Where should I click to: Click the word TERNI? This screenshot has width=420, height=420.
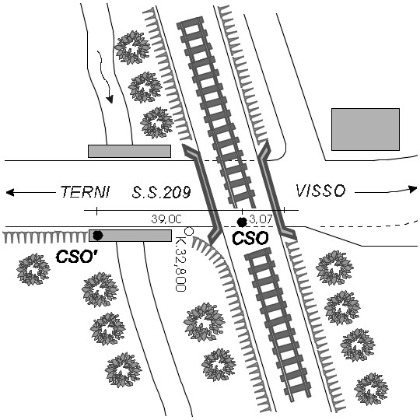tap(86, 192)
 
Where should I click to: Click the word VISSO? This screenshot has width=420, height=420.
tap(320, 191)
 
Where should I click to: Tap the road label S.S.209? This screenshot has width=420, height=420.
tap(161, 192)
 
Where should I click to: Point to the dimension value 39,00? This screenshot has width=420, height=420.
tap(166, 219)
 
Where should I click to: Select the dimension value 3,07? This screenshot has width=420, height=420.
tap(261, 219)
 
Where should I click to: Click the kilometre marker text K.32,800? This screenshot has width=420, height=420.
tap(180, 264)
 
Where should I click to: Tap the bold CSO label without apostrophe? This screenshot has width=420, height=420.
tap(250, 238)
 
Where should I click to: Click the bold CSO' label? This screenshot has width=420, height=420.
tap(76, 257)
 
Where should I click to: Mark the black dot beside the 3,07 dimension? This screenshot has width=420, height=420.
tap(242, 222)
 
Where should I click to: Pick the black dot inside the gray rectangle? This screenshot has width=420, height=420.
tap(98, 236)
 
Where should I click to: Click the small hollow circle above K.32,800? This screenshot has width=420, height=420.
tap(189, 231)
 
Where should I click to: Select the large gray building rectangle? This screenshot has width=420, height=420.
tap(366, 129)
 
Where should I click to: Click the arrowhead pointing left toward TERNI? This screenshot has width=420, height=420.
tap(10, 192)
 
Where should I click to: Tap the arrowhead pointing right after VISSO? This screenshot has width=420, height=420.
tap(413, 189)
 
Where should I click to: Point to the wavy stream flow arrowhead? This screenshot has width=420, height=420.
tap(110, 100)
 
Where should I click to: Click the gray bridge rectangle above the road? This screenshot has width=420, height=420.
tap(129, 151)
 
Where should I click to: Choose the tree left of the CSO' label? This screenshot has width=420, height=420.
tap(33, 269)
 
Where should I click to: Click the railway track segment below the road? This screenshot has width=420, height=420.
tap(278, 323)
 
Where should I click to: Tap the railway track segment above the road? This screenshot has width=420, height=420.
tap(216, 112)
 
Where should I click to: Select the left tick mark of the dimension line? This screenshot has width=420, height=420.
tap(96, 211)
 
